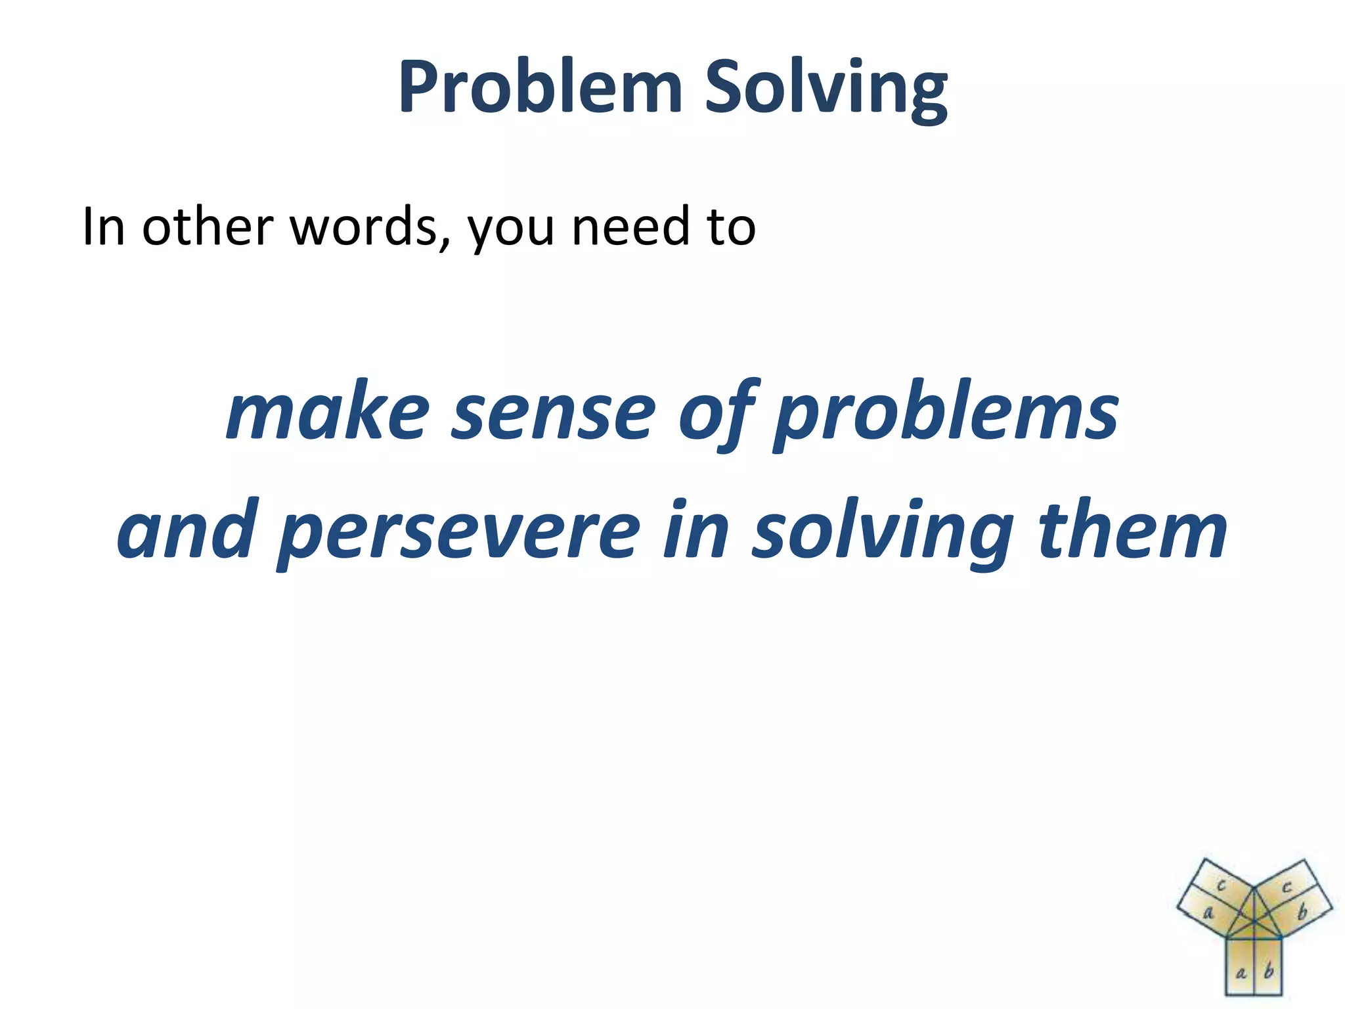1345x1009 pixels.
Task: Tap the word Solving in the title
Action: point(826,89)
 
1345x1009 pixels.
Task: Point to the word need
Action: point(631,227)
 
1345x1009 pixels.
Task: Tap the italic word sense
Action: point(554,414)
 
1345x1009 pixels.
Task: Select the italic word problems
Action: point(946,414)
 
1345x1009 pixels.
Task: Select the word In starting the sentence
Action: point(103,227)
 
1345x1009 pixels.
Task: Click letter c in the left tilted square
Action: point(1221,886)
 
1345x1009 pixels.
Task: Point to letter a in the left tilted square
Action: point(1208,913)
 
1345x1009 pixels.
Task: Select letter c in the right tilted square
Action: point(1287,887)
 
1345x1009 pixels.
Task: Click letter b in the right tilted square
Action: point(1303,912)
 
